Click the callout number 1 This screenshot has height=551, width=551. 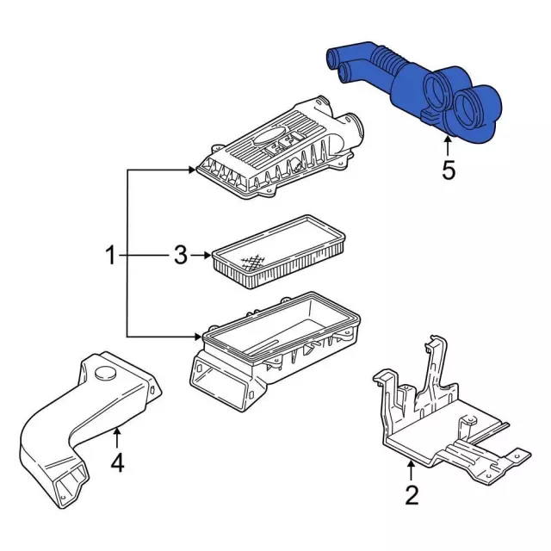(110, 255)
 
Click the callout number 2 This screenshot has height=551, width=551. (411, 495)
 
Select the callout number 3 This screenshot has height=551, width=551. (180, 255)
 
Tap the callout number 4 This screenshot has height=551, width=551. (117, 462)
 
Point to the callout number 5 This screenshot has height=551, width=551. (448, 170)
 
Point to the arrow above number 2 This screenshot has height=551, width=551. (411, 472)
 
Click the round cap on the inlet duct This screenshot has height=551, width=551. (106, 373)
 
